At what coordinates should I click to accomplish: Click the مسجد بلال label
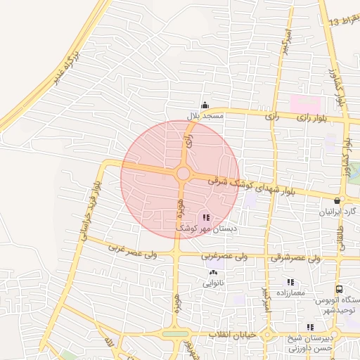tap(205, 115)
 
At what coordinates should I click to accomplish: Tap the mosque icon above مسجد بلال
tap(205, 105)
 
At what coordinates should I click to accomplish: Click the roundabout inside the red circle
tap(183, 173)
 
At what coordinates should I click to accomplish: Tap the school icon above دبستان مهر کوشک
tap(205, 218)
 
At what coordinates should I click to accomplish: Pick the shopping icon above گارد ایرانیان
tap(338, 200)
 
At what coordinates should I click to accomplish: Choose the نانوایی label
tap(214, 284)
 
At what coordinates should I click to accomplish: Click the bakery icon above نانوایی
tap(214, 273)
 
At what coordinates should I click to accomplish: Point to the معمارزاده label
tap(290, 292)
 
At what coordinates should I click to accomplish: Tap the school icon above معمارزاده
tap(290, 282)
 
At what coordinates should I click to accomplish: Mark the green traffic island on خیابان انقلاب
tap(175, 334)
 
